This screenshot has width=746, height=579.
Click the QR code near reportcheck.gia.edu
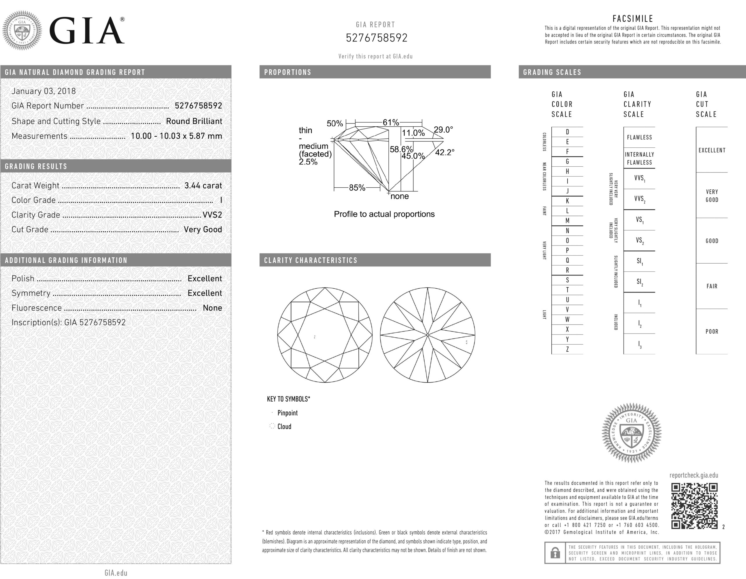point(694,506)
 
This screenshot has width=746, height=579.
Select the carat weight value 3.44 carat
point(203,186)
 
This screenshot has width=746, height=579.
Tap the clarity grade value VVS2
point(212,215)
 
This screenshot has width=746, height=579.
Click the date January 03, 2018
point(44,91)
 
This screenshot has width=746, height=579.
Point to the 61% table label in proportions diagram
point(390,123)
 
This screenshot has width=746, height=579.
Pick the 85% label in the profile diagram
point(357,188)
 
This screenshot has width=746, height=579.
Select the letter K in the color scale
point(567,201)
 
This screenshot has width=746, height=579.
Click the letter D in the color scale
point(567,132)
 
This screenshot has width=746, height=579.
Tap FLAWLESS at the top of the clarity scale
point(639,137)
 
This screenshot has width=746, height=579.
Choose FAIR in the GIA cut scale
point(712,286)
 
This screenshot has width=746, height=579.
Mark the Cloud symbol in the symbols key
point(272,426)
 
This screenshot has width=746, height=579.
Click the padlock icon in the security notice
point(555,553)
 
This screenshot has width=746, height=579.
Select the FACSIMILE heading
point(633,19)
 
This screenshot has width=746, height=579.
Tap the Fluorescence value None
point(212,308)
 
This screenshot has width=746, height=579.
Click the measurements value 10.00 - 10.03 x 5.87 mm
point(176,136)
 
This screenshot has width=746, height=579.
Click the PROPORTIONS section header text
point(288,72)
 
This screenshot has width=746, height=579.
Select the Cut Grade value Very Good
point(203,229)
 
